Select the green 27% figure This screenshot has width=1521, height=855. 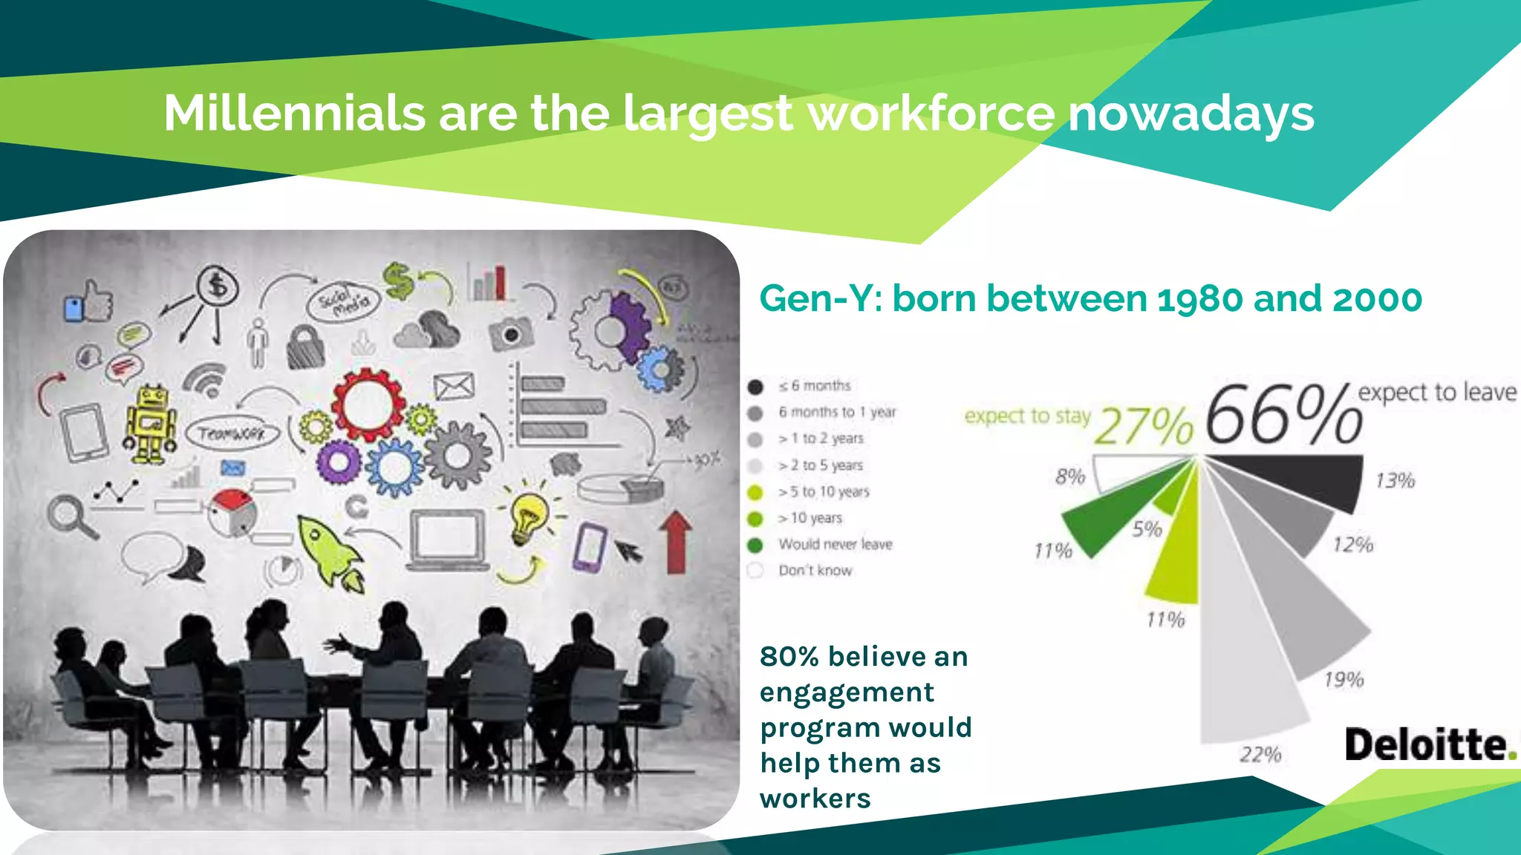(1144, 426)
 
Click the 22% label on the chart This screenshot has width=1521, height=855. (1260, 754)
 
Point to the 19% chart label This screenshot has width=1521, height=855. (1344, 679)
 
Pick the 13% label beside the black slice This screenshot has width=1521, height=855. (1395, 481)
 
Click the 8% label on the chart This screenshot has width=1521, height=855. (1070, 476)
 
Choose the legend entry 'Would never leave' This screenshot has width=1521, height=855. (835, 544)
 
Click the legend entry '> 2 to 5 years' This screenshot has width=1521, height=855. (820, 465)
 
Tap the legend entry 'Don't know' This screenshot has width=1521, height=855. (815, 571)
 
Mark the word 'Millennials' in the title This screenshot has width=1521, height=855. (294, 114)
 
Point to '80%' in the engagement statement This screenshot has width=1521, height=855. (789, 657)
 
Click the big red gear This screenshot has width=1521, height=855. (368, 404)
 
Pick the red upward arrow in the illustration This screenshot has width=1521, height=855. (675, 542)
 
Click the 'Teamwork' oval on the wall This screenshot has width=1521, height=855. (232, 433)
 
